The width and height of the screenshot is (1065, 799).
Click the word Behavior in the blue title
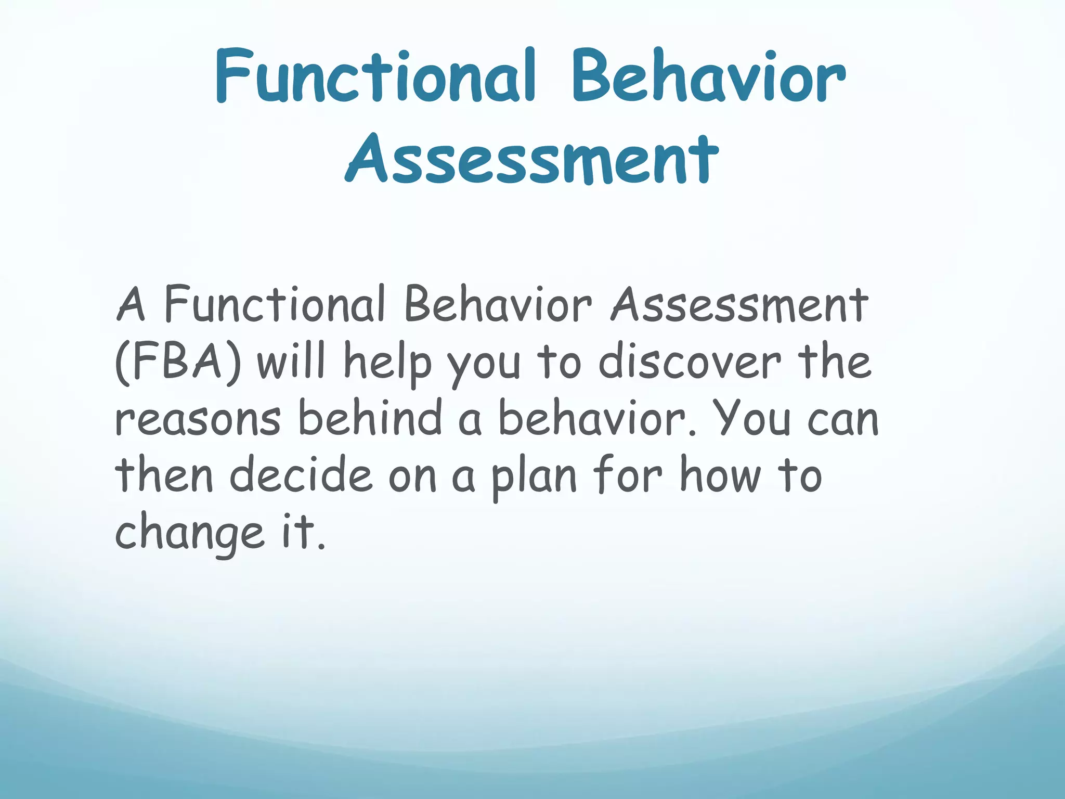point(708,77)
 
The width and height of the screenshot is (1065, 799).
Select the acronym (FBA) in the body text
point(178,362)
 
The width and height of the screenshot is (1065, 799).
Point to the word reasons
point(198,420)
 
